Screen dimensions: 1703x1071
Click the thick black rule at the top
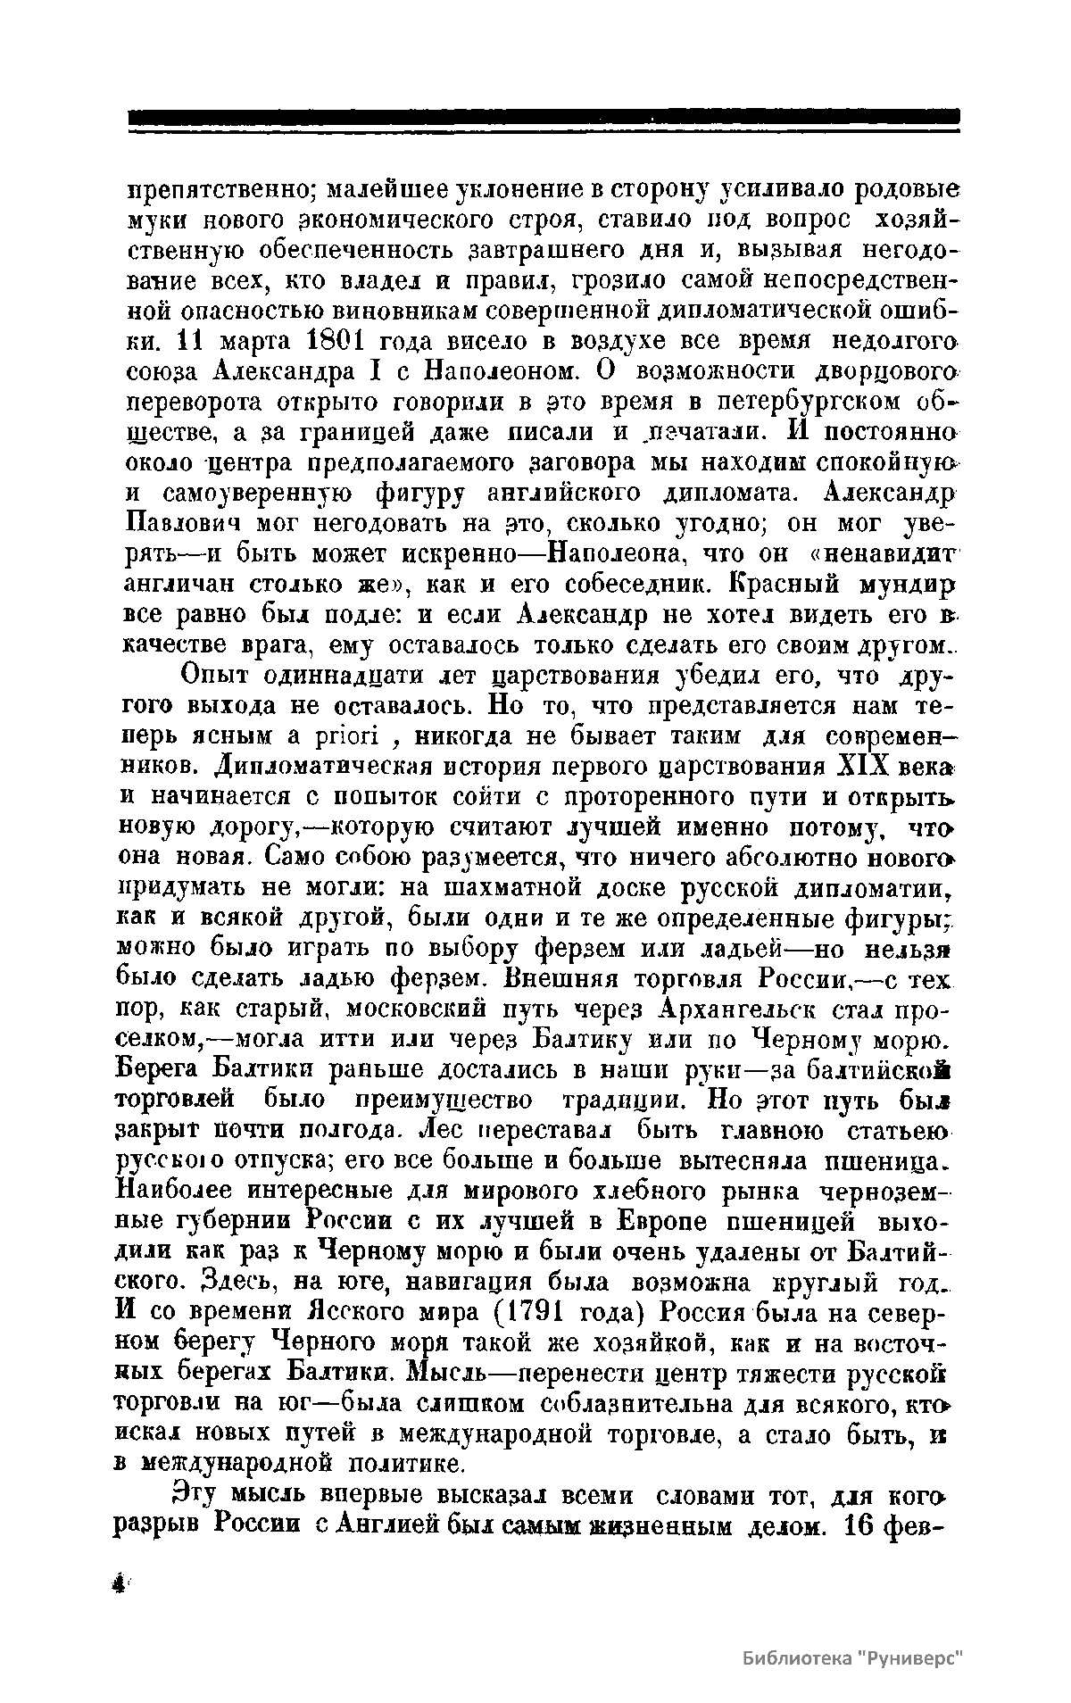pyautogui.click(x=544, y=117)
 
